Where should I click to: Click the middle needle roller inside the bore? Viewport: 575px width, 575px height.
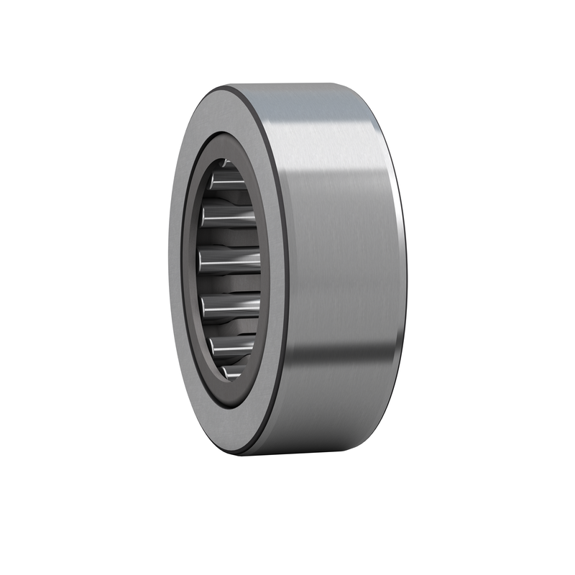(230, 261)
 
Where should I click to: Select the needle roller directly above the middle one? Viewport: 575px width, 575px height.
(229, 213)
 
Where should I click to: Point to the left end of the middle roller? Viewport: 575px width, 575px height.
(202, 259)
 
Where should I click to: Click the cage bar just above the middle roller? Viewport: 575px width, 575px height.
(231, 237)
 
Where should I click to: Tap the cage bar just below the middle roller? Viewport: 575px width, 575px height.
(231, 285)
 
